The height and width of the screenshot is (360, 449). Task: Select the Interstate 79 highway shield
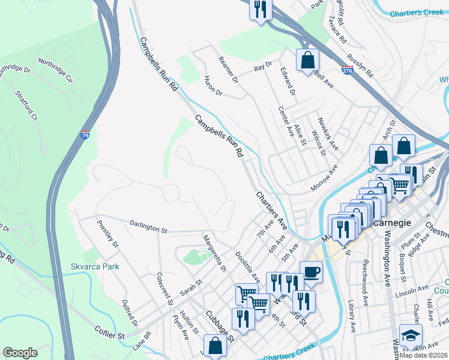pyautogui.click(x=85, y=136)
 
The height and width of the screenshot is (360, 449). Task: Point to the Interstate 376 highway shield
pyautogui.click(x=347, y=70)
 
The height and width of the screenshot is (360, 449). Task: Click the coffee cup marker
pyautogui.click(x=311, y=272)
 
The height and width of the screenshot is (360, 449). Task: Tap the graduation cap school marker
pyautogui.click(x=411, y=335)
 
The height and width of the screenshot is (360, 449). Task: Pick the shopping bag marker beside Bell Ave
pyautogui.click(x=307, y=60)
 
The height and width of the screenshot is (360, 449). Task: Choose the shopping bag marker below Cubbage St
pyautogui.click(x=215, y=346)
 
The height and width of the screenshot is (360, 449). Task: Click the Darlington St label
pyautogui.click(x=148, y=226)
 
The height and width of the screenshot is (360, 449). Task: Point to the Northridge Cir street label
pyautogui.click(x=55, y=70)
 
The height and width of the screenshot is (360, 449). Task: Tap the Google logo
pyautogui.click(x=20, y=353)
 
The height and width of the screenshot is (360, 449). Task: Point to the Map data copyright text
pyautogui.click(x=424, y=355)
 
